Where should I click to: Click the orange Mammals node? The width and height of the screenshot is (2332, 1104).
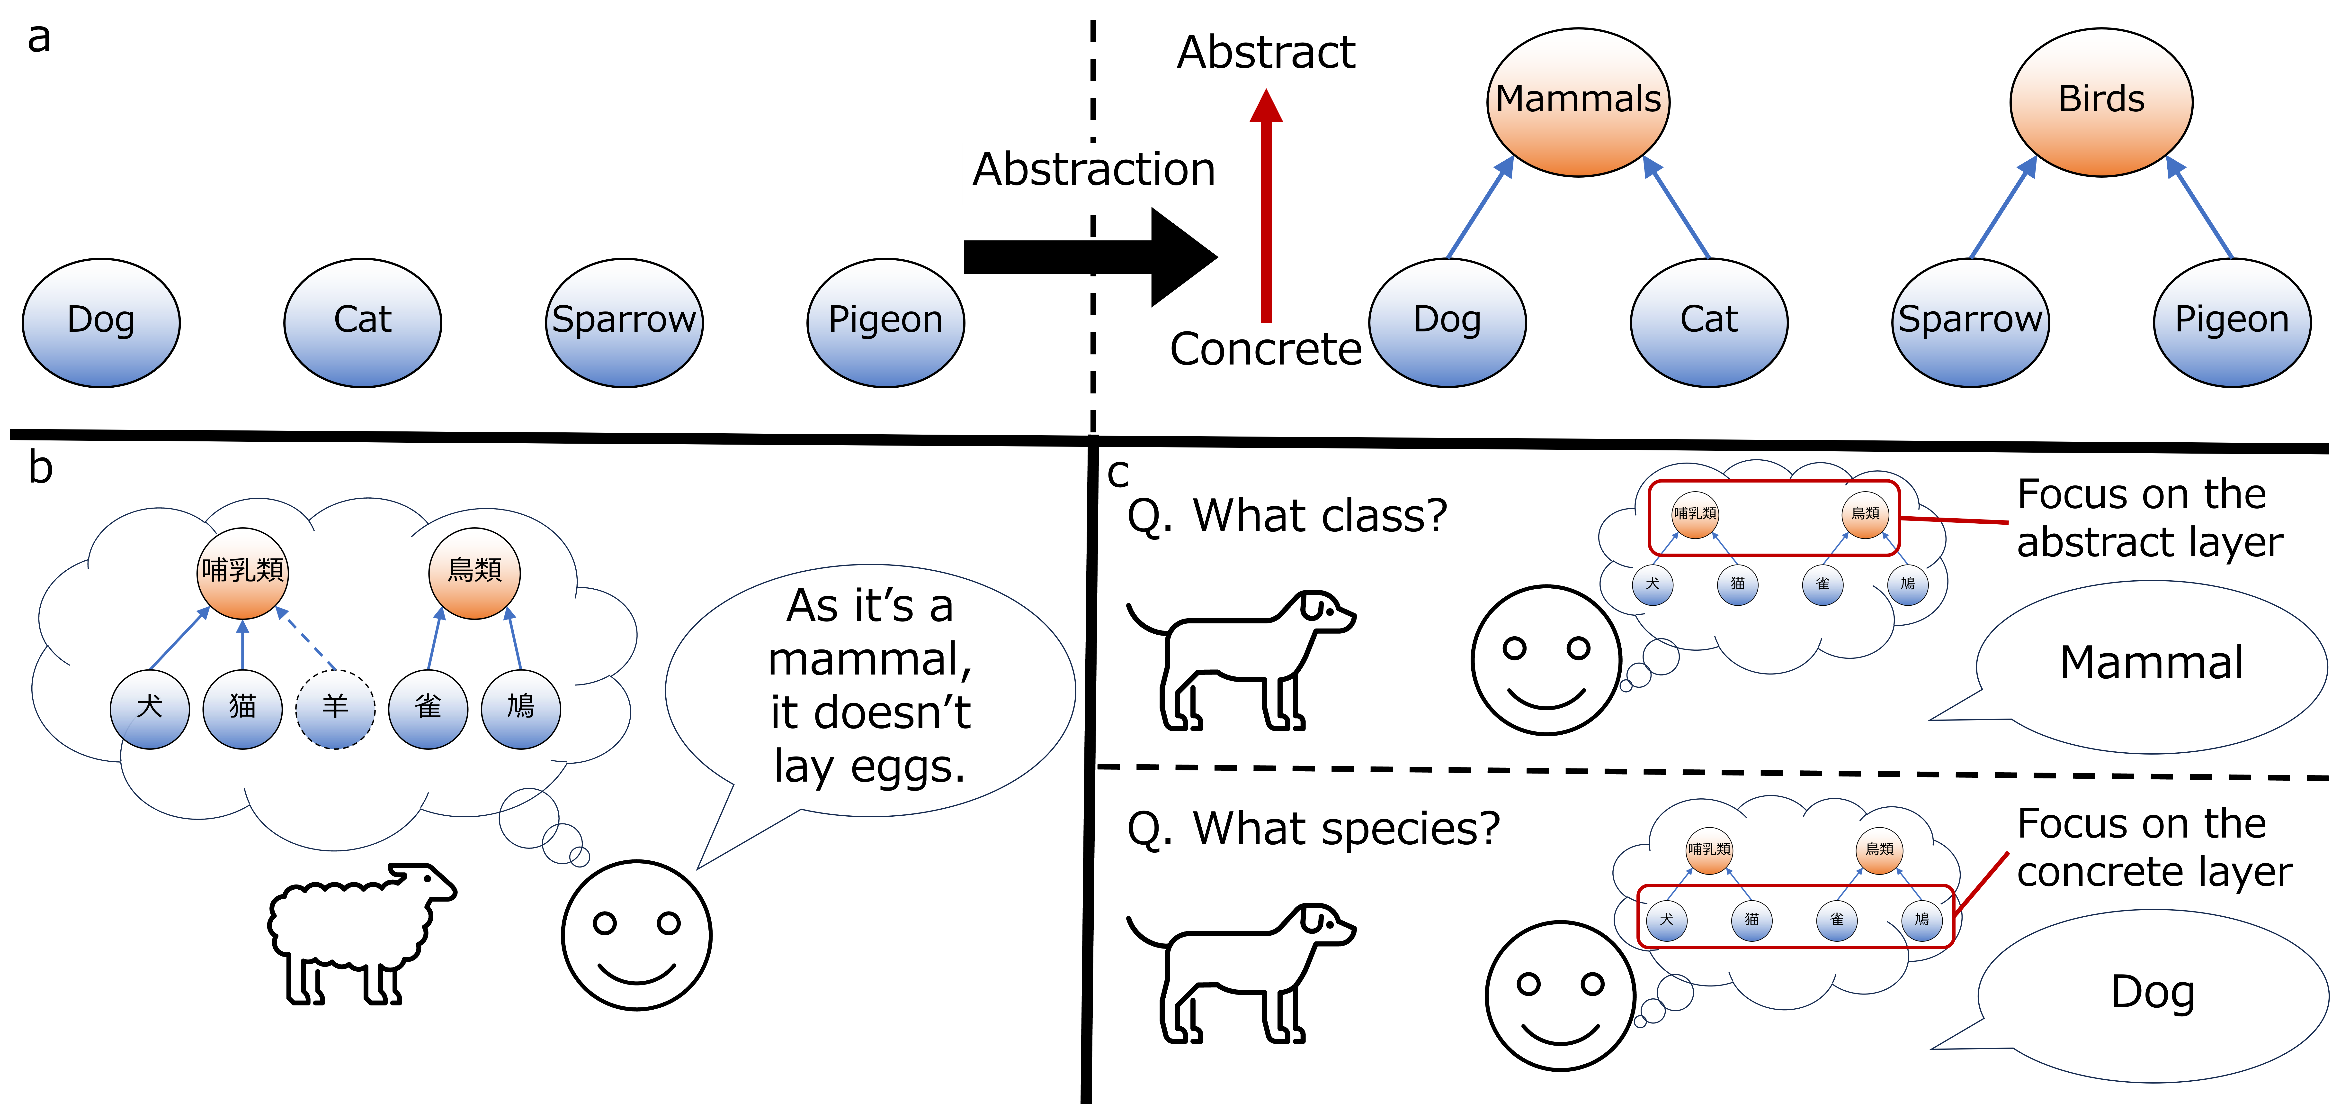point(1578,101)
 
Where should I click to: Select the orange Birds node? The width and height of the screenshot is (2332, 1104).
point(2101,101)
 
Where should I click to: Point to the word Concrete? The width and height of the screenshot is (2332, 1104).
point(1266,349)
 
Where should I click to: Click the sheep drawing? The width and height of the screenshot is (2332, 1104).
point(362,933)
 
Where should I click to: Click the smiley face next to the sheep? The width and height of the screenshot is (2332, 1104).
point(636,935)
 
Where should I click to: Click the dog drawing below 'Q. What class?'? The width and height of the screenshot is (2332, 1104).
point(1240,659)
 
